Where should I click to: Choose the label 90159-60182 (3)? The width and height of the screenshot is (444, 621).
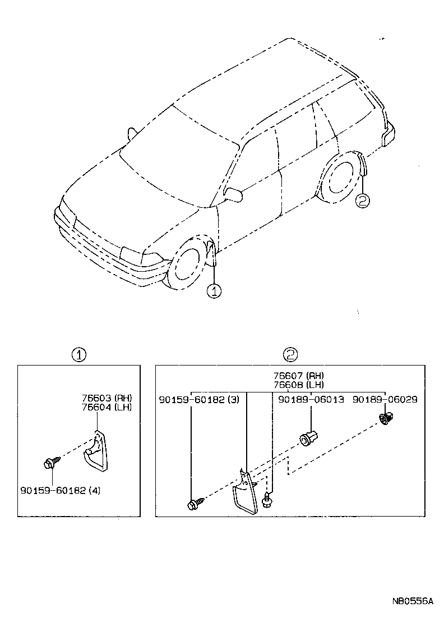click(x=199, y=399)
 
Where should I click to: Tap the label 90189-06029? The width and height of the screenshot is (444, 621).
click(x=385, y=399)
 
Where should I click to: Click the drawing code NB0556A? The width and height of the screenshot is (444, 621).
click(x=413, y=601)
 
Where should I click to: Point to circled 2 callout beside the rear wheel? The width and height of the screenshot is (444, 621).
click(x=363, y=200)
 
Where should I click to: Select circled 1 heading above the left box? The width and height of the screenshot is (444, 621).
click(x=79, y=354)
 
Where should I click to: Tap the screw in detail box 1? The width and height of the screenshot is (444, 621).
click(x=49, y=464)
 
